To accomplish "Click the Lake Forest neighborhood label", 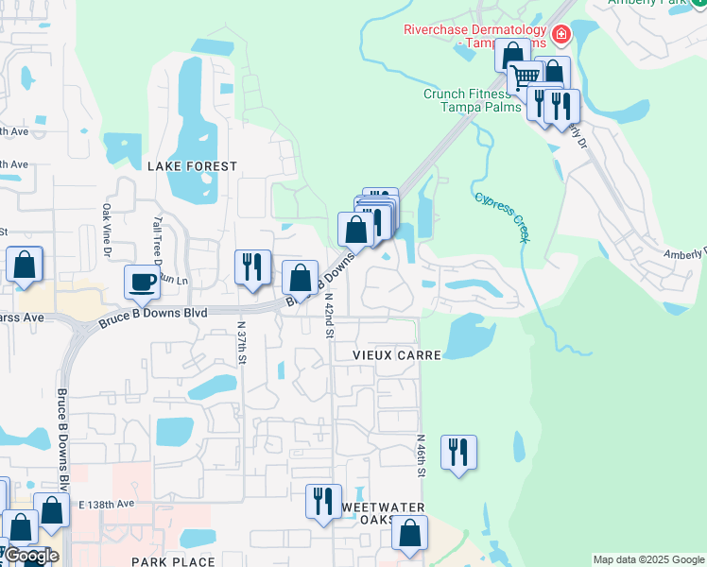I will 192,165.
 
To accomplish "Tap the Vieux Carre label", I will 397,354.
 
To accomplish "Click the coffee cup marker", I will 142,281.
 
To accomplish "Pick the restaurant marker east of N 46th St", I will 458,451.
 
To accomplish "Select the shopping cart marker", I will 525,77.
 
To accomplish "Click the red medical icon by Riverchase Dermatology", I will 560,35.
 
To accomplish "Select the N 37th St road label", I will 242,341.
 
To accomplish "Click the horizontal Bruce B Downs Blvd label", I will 152,318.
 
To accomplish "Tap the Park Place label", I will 173,561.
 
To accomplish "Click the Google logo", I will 30,556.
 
